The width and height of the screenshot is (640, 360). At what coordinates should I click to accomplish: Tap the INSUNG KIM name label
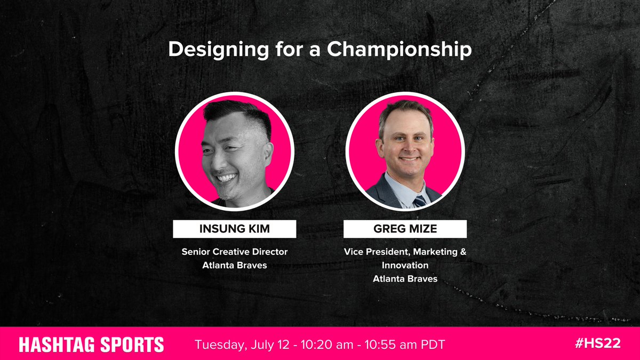pyautogui.click(x=234, y=229)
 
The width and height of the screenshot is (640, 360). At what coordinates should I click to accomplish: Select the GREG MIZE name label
pyautogui.click(x=405, y=229)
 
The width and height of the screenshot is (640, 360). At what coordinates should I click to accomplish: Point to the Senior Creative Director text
pyautogui.click(x=235, y=252)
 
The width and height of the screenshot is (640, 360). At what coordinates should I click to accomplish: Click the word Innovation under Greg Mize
pyautogui.click(x=405, y=265)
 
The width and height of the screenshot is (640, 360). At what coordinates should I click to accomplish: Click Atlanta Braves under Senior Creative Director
pyautogui.click(x=235, y=265)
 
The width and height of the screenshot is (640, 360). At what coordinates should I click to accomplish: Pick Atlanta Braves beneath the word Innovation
pyautogui.click(x=405, y=278)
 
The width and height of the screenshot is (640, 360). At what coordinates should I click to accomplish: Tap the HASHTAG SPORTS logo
pyautogui.click(x=91, y=345)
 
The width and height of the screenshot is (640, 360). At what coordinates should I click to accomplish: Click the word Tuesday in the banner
pyautogui.click(x=219, y=345)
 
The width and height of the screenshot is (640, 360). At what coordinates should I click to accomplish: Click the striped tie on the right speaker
pyautogui.click(x=420, y=201)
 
